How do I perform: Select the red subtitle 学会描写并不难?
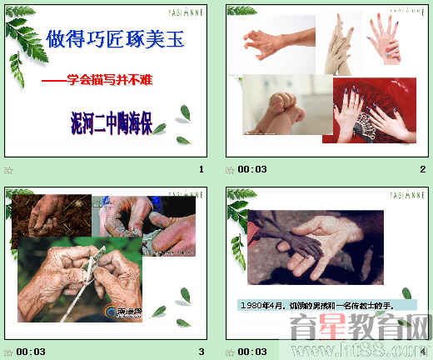point(106,80)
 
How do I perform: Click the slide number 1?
point(201,170)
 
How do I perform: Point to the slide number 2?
point(422,170)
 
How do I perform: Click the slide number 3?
point(201,351)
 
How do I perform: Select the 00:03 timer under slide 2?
point(252,170)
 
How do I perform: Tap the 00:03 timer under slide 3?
point(31,351)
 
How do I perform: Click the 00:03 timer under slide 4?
point(252,351)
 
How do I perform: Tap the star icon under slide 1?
point(9,170)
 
